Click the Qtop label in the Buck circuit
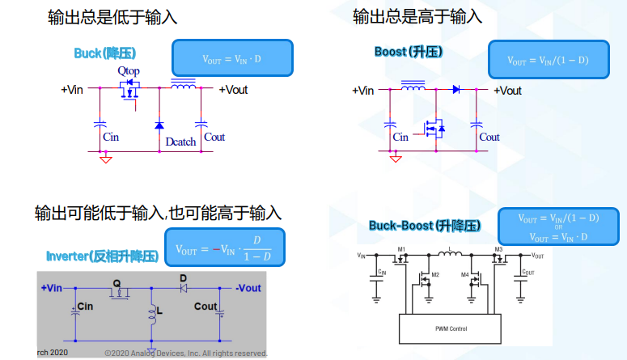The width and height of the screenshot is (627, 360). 129,72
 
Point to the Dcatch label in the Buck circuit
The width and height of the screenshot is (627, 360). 180,142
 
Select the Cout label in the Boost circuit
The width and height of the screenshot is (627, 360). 489,138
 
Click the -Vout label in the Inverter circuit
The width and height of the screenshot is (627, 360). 248,288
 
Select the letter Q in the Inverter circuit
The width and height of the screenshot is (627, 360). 117,283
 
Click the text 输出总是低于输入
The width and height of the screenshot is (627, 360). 112,16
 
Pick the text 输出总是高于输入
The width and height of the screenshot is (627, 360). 417,16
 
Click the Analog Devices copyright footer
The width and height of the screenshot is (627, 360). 186,354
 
